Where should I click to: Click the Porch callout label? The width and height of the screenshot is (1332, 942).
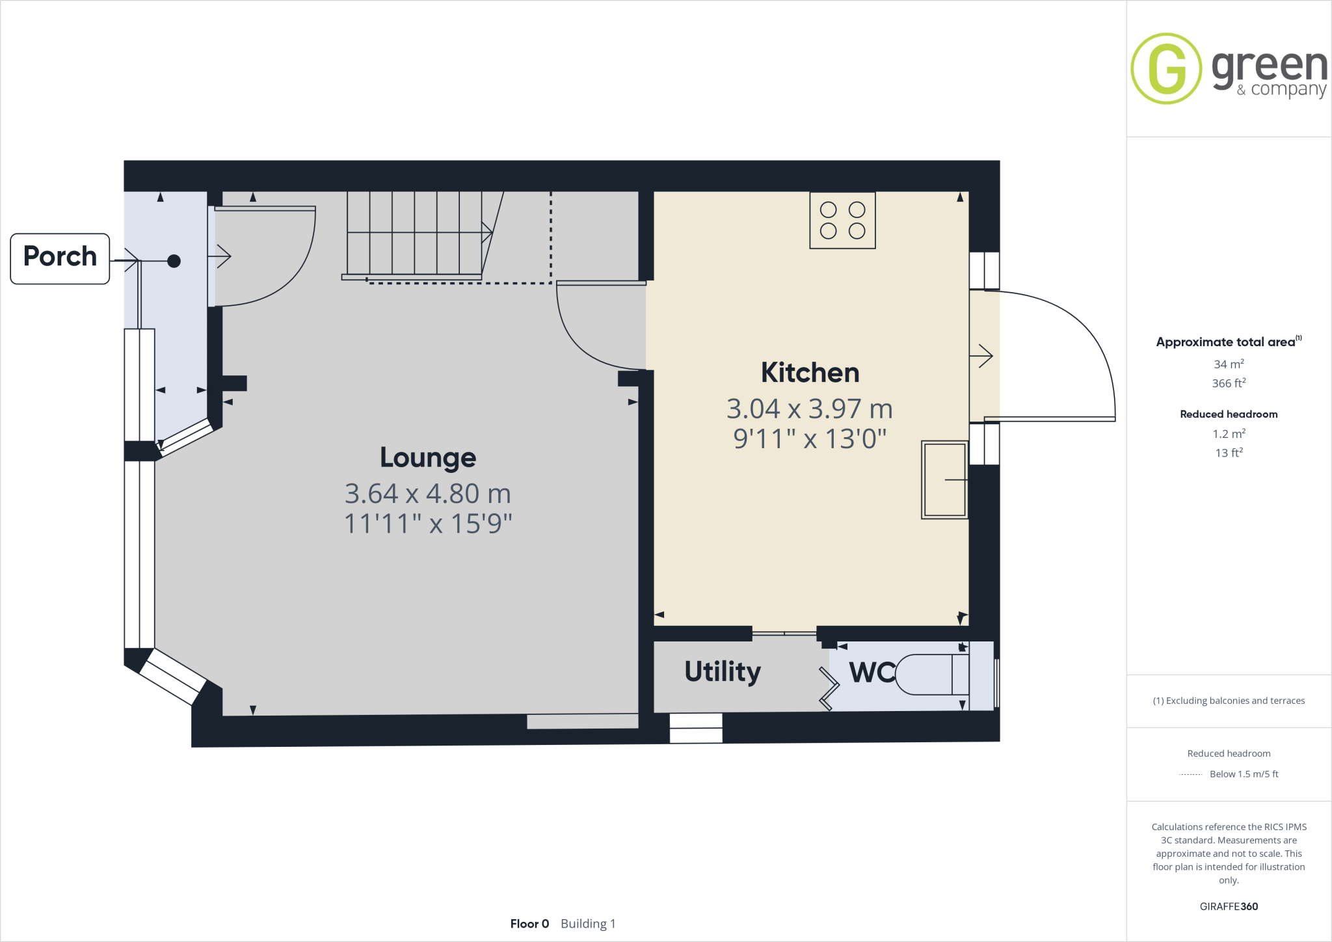[60, 258]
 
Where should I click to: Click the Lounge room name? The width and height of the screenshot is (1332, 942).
[427, 458]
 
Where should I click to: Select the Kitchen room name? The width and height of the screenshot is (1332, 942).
[810, 373]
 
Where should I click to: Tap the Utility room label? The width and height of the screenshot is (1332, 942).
[722, 671]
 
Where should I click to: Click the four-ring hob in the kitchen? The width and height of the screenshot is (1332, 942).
[842, 220]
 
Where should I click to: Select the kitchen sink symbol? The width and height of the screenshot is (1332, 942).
[944, 479]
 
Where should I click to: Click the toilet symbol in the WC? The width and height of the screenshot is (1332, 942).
[930, 675]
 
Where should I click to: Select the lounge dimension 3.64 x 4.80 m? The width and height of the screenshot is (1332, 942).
[427, 494]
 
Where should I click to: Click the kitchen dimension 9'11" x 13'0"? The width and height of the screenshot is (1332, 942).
[810, 439]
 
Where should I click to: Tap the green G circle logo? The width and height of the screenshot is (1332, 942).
[1166, 68]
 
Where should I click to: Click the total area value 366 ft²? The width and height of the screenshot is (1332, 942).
[1229, 383]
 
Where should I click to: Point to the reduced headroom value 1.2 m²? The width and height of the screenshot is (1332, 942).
[1229, 434]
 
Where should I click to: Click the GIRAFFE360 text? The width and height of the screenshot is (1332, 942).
[1229, 906]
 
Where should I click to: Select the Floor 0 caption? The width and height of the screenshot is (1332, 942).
[529, 924]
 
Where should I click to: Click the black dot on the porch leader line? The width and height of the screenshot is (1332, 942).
[174, 261]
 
